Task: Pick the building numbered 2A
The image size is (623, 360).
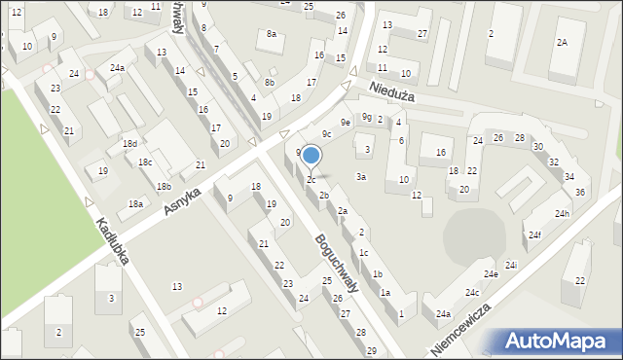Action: (562, 43)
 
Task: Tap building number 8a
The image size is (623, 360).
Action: (272, 34)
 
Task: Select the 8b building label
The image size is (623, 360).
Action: (270, 83)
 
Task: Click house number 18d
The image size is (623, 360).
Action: (129, 144)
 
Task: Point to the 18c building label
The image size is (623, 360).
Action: (144, 162)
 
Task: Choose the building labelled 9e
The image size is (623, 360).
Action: (345, 122)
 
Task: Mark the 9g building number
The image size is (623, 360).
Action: (367, 117)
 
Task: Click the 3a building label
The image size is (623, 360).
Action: (360, 177)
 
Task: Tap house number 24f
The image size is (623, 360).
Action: (535, 234)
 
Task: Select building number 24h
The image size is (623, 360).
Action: (562, 213)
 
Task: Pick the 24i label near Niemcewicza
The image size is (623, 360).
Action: (510, 266)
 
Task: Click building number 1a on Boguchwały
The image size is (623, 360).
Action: (385, 292)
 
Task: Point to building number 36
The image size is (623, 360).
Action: (580, 192)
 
